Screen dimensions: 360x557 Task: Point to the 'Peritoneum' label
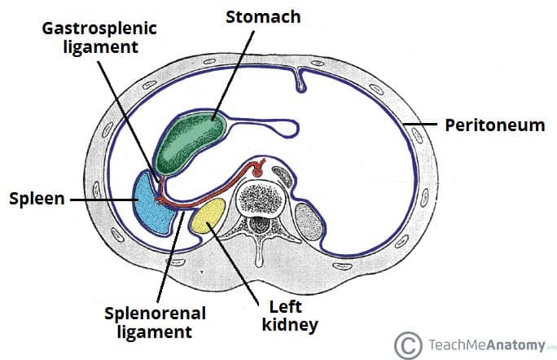pos(494,125)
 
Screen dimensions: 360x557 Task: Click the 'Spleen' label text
pos(37,198)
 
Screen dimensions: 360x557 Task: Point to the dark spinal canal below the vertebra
pos(260,224)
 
